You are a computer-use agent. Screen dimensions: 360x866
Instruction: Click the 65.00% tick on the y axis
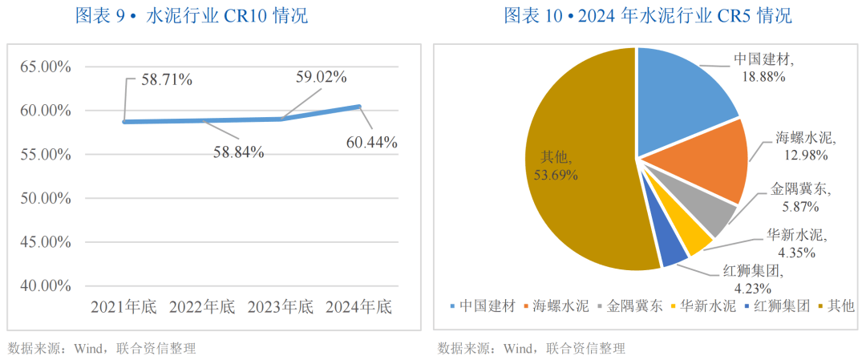45,67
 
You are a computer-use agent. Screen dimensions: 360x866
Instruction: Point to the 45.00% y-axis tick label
45,241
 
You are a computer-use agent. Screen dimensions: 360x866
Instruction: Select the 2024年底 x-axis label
360,306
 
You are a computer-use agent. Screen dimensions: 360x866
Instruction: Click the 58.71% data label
166,79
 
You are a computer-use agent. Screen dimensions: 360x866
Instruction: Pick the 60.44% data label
372,143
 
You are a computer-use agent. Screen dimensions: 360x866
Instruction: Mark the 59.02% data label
321,77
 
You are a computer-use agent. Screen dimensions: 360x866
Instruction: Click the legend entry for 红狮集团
777,305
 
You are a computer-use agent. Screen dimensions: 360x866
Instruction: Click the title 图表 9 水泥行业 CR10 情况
190,15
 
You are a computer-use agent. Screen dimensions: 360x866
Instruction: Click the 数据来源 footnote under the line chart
102,348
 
